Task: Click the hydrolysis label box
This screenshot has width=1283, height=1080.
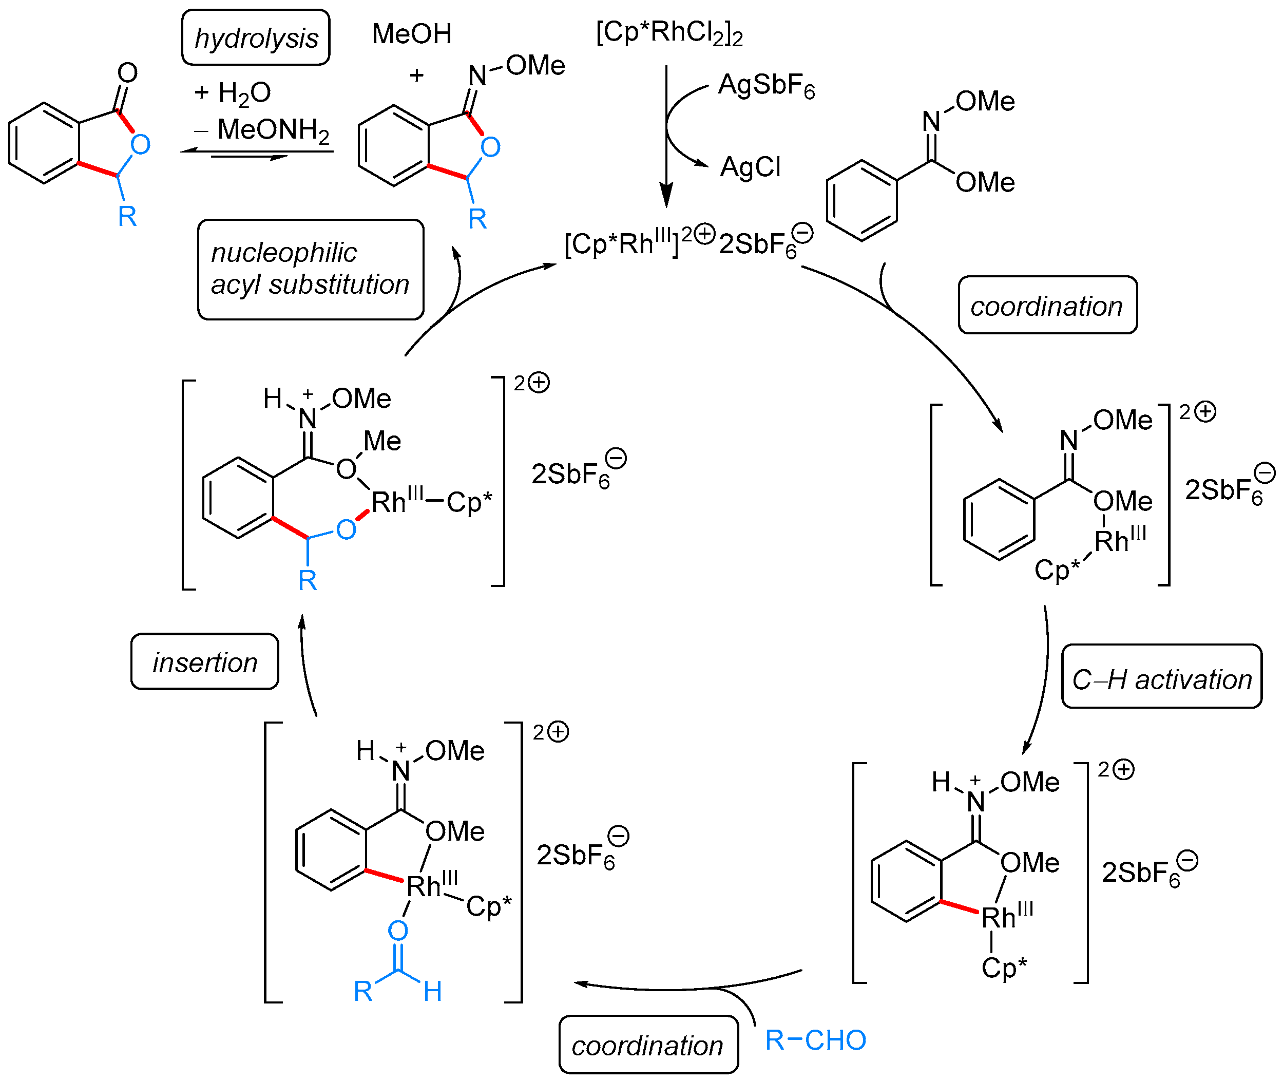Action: click(255, 38)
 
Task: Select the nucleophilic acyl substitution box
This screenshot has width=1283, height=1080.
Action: click(310, 270)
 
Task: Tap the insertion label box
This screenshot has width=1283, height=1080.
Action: click(204, 662)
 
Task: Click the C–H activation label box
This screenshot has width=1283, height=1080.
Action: click(1161, 676)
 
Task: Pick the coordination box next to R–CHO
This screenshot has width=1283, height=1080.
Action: click(648, 1045)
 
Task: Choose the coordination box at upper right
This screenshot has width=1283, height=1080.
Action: click(1047, 305)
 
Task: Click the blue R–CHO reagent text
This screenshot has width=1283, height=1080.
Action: click(815, 1039)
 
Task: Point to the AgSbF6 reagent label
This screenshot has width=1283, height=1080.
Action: click(766, 86)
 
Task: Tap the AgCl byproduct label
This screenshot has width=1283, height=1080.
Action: click(750, 166)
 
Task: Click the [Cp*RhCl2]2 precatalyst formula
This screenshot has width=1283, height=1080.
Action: click(669, 32)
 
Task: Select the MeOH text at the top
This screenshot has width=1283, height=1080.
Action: click(411, 34)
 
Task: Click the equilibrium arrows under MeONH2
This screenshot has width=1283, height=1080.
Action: click(257, 154)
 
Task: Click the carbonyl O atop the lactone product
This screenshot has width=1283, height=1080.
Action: click(127, 72)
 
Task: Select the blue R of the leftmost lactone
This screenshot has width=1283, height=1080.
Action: click(127, 216)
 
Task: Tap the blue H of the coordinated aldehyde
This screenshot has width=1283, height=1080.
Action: click(432, 991)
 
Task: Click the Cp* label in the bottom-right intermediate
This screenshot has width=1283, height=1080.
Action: click(1003, 968)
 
